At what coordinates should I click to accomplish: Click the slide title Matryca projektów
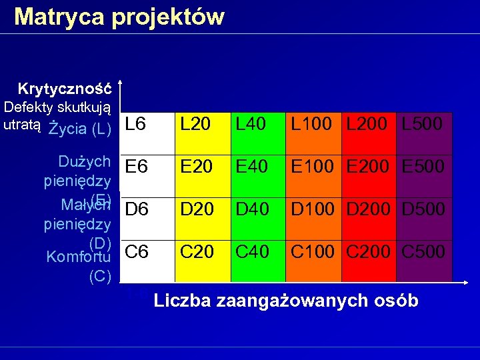[119, 16]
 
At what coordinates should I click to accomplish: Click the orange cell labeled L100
[314, 124]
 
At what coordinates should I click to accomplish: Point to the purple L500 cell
[423, 124]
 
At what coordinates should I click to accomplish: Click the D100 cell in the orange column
[314, 209]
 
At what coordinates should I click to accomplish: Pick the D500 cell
[423, 209]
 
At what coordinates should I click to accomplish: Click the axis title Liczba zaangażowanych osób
[286, 301]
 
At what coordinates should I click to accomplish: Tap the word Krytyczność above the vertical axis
[65, 89]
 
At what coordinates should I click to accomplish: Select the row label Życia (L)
[79, 128]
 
